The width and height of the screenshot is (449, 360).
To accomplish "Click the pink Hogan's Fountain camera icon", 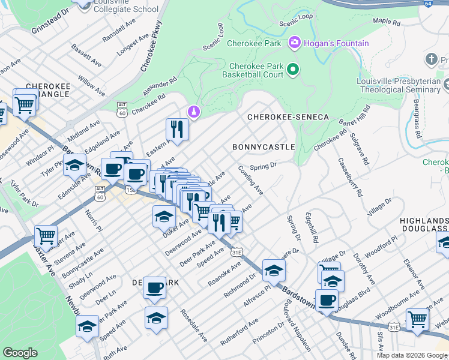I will click(295, 43).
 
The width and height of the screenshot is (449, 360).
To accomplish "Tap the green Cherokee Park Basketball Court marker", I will click(293, 70).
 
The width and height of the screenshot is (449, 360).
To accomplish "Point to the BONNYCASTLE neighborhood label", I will click(264, 147).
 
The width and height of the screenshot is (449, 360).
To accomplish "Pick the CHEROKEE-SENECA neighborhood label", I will click(279, 117).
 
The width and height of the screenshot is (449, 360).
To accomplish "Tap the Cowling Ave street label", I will click(251, 181).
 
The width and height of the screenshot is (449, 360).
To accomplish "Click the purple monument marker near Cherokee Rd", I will click(193, 112).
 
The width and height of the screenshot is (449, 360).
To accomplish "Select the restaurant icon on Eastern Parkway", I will click(177, 128).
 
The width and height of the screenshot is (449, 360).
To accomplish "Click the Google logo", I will click(20, 353).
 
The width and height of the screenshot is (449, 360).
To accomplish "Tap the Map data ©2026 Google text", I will click(411, 355).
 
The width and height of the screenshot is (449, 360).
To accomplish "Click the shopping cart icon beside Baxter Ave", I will click(46, 235).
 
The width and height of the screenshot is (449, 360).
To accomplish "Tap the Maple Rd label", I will click(386, 21).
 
